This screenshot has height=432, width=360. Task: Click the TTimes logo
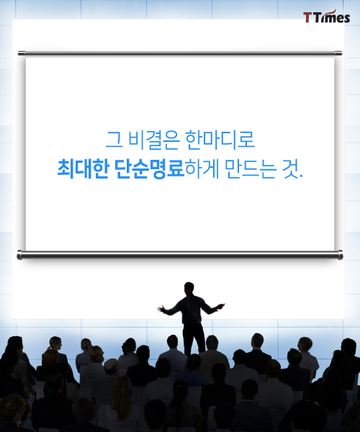[327, 17]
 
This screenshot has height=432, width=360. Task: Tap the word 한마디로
[220, 140]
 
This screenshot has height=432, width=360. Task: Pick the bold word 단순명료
[150, 168]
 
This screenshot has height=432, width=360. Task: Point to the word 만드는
[250, 168]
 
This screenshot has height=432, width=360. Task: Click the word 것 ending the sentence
[290, 168]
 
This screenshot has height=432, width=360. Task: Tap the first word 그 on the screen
[114, 140]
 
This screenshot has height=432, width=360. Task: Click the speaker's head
[189, 289]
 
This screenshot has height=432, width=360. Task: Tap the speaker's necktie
[191, 310]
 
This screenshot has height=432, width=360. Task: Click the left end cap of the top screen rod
[22, 53]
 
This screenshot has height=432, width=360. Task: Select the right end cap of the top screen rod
[338, 53]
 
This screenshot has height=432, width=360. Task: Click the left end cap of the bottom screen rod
[19, 255]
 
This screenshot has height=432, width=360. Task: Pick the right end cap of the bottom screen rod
[341, 255]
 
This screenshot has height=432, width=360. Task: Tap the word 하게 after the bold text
[202, 168]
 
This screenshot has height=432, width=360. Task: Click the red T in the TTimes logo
[307, 17]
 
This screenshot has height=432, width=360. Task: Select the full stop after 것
[301, 176]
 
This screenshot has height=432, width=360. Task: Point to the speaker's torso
[191, 310]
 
